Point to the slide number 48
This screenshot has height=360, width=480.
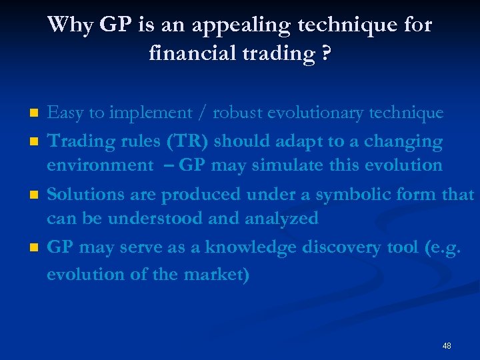(447, 346)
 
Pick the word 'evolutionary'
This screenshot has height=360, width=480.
(321, 113)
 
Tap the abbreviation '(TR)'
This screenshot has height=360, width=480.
(154, 141)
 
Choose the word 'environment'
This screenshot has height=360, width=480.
(99, 165)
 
